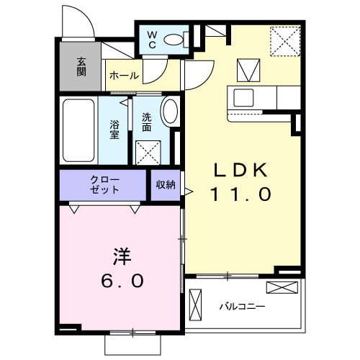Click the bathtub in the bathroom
(x=78, y=130)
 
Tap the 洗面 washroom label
(x=146, y=122)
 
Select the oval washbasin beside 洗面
(x=171, y=113)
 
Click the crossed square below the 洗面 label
(x=149, y=152)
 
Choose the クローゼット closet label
(x=105, y=184)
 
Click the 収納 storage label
(x=166, y=184)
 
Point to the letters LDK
(x=240, y=169)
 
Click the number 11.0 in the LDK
(x=240, y=194)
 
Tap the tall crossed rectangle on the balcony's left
(x=196, y=305)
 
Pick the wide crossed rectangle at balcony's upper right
(x=281, y=288)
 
